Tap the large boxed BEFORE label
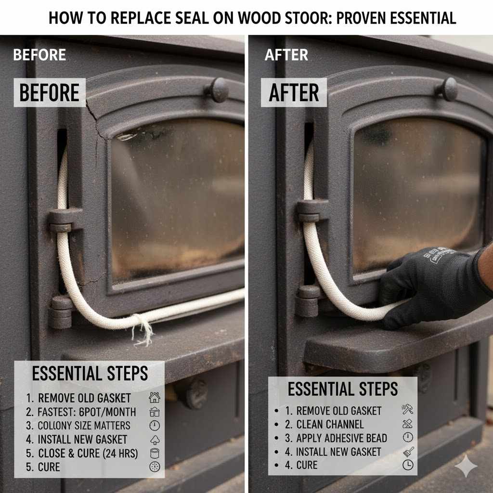point(50,92)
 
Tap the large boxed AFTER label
point(294,92)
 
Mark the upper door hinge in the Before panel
point(64,220)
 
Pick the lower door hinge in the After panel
point(307,301)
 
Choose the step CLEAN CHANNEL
point(330,425)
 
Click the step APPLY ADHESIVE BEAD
point(341,438)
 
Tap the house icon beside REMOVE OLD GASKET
point(154,398)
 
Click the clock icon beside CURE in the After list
point(407,465)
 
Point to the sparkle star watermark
point(466,467)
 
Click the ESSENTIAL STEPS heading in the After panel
point(343,389)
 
